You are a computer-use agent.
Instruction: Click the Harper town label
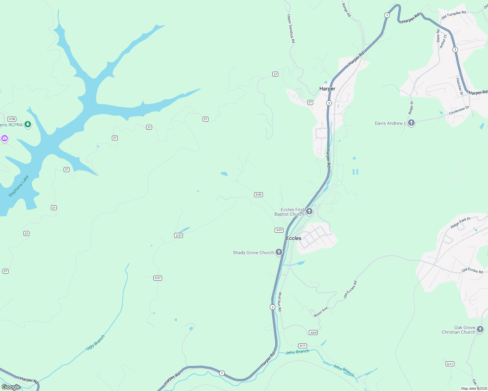point(327,89)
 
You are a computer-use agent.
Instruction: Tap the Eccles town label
point(294,238)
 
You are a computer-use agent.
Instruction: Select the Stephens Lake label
point(19,186)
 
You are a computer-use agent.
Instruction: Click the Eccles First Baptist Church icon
point(309,211)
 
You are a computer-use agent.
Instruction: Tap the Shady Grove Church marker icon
point(279,252)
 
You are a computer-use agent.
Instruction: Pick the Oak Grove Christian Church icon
point(480,329)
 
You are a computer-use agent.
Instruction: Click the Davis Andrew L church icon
point(411,123)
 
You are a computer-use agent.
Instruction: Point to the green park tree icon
point(28,124)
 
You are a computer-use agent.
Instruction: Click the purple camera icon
point(5,138)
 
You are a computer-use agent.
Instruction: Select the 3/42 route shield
point(258,195)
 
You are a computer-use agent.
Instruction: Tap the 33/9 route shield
point(313,333)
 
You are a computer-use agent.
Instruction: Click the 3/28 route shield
point(12,119)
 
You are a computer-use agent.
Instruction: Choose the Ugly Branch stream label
point(95,343)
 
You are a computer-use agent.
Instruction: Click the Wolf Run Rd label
point(280,302)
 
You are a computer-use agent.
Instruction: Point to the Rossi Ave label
point(321,312)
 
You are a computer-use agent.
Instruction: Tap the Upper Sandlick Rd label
point(291,29)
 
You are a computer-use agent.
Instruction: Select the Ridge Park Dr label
point(460,223)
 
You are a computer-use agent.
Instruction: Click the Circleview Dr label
point(459,110)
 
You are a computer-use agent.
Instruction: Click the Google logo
point(11,387)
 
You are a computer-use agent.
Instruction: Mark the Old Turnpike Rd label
point(453,15)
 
